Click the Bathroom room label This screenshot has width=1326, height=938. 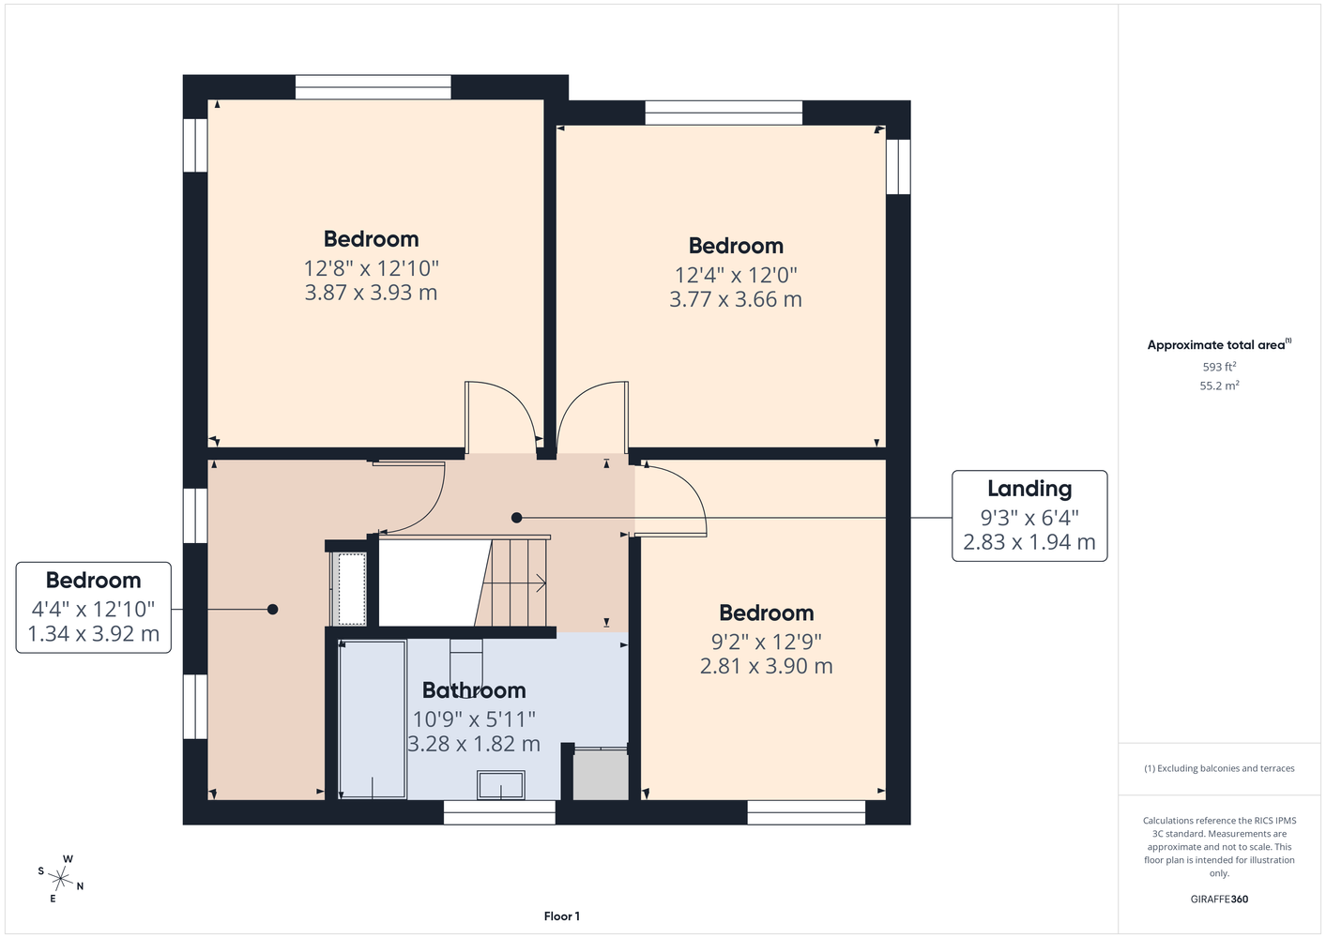tap(474, 690)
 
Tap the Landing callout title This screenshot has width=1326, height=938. tap(1029, 489)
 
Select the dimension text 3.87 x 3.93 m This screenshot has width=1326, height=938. tap(372, 293)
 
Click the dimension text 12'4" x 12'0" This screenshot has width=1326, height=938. tap(736, 275)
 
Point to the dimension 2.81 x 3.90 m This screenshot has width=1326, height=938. tap(766, 666)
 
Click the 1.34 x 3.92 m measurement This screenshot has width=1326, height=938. tap(94, 634)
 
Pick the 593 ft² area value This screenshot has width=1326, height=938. tap(1219, 367)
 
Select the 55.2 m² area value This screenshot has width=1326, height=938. tap(1219, 386)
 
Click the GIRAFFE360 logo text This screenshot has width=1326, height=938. tap(1219, 899)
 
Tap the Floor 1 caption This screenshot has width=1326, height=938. tap(562, 916)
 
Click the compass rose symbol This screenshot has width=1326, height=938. tap(60, 879)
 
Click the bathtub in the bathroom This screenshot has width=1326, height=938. tap(372, 719)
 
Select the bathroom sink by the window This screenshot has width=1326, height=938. tap(501, 785)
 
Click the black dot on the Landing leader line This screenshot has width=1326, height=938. tap(516, 518)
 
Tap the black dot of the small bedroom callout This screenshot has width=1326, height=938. tap(272, 609)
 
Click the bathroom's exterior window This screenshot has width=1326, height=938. tap(499, 812)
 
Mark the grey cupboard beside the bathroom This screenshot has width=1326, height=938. tap(601, 774)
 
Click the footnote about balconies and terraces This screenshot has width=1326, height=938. tap(1219, 768)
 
